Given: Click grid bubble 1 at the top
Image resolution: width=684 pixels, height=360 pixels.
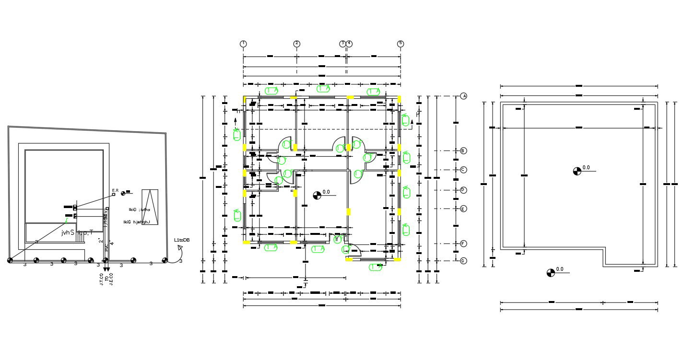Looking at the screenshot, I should pyautogui.click(x=243, y=44).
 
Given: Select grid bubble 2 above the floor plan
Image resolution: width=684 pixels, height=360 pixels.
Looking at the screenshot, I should pyautogui.click(x=297, y=44).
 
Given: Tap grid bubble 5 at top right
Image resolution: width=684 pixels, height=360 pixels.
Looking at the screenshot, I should pyautogui.click(x=401, y=44).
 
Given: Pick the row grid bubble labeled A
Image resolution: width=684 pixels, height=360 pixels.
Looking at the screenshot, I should pyautogui.click(x=463, y=96).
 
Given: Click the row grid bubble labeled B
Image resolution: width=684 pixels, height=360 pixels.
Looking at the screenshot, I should pyautogui.click(x=463, y=151).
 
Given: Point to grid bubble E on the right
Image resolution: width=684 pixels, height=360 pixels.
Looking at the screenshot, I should pyautogui.click(x=463, y=209).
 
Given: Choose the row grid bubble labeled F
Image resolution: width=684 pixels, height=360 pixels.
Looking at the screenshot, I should pyautogui.click(x=463, y=244).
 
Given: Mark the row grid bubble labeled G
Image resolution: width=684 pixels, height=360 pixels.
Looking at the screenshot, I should pyautogui.click(x=463, y=261).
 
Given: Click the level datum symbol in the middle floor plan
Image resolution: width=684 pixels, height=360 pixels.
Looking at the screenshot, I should pyautogui.click(x=317, y=195).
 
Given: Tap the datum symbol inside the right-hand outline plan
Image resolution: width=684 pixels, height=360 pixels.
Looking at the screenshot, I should pyautogui.click(x=577, y=171).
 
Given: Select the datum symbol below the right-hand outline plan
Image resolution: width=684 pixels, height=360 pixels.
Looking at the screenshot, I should pyautogui.click(x=551, y=273).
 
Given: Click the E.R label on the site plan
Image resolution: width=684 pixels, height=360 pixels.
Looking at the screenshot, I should pyautogui.click(x=115, y=191).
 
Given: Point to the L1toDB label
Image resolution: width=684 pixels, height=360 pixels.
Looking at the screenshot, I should pyautogui.click(x=182, y=240).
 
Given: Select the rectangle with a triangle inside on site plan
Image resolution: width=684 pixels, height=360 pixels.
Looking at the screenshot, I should pyautogui.click(x=150, y=207).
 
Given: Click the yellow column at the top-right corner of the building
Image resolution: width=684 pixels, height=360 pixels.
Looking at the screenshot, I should pyautogui.click(x=399, y=99).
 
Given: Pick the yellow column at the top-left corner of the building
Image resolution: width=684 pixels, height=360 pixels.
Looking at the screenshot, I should pyautogui.click(x=245, y=99).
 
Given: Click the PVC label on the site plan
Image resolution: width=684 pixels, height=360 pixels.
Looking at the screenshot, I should pyautogui.click(x=106, y=248).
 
